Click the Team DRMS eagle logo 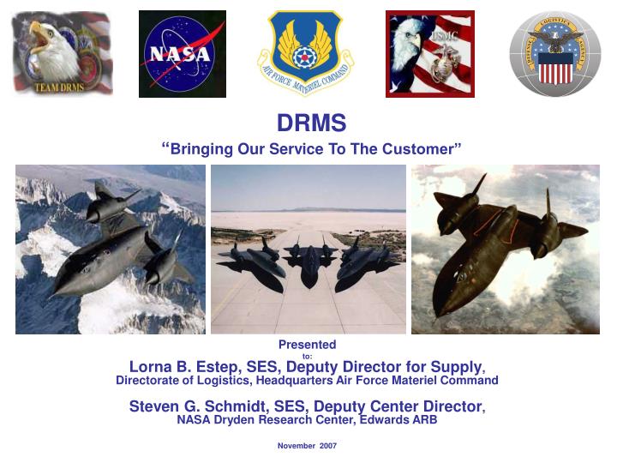click(63, 53)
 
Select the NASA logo click(183, 53)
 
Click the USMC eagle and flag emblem click(429, 53)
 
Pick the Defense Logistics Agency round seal click(554, 53)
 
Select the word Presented click(307, 345)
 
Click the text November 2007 click(307, 446)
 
